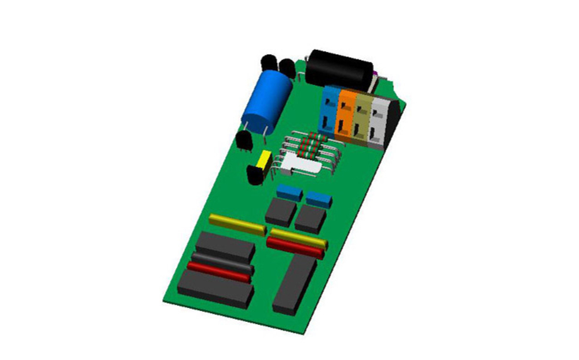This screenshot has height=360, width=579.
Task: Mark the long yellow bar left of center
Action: point(237,224)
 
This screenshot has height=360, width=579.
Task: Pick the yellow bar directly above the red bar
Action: point(298,237)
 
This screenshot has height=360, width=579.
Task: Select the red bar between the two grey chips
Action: point(219,271)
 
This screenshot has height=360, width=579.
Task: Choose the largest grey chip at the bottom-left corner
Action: point(215,288)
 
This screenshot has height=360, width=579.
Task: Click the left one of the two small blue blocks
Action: point(289,193)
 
